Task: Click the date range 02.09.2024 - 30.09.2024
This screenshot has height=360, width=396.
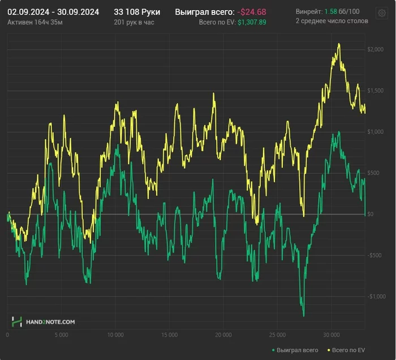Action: coord(53,11)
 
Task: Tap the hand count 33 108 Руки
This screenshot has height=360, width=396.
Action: coord(136,11)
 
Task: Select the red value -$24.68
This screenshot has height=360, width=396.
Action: coord(252,11)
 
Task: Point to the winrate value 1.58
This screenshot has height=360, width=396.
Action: coord(330,11)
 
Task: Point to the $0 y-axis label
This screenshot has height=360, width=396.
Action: coord(370,214)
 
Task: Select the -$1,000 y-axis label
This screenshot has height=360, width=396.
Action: coord(375,297)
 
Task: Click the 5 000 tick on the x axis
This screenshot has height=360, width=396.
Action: coord(61,335)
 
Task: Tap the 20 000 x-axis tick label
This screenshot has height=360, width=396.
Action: coord(223,335)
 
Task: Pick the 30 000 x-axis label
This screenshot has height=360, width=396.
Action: coord(332,335)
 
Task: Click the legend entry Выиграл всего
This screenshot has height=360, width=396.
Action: coord(297,350)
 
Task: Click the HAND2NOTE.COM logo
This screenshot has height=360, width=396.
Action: coord(44,322)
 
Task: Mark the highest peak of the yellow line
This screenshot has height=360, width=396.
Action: coord(339,44)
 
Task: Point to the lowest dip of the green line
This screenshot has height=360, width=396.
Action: coord(304,316)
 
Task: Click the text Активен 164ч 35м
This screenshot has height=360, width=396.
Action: coord(35,22)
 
